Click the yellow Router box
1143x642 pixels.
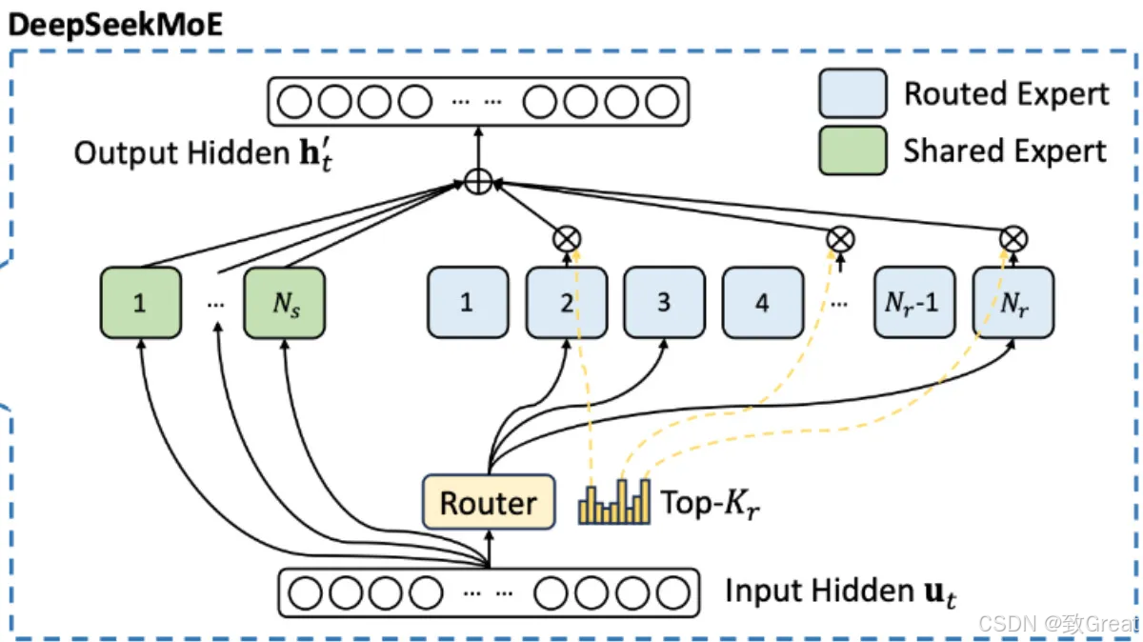(488, 502)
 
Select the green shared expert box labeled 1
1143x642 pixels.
(140, 302)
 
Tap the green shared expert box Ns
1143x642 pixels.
(284, 302)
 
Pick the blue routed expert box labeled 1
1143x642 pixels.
(467, 302)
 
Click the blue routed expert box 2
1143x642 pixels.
(566, 302)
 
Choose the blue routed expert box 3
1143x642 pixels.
(664, 302)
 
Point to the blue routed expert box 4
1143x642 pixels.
(762, 302)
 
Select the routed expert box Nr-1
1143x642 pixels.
(914, 302)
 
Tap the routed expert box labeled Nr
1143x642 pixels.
(1013, 302)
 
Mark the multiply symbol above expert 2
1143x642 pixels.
(567, 238)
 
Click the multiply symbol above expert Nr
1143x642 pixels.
(1013, 238)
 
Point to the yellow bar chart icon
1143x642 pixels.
(614, 502)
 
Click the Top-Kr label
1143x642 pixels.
(710, 504)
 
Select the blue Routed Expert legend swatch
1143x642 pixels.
(852, 93)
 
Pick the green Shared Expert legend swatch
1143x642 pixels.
(852, 150)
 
